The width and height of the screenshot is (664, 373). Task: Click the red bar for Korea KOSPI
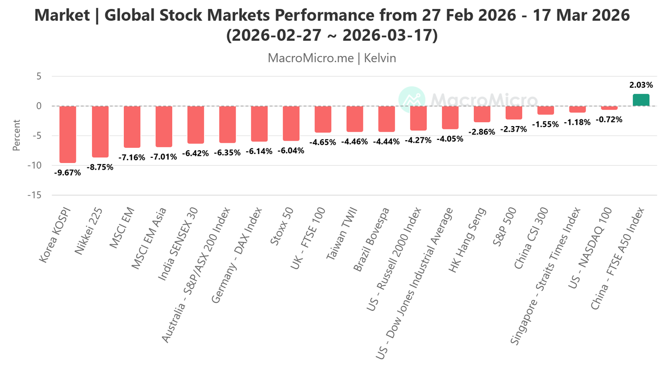[67, 134]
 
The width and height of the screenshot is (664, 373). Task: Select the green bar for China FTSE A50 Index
[641, 100]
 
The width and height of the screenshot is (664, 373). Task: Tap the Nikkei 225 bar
[100, 131]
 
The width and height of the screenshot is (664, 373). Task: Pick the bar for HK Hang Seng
[482, 114]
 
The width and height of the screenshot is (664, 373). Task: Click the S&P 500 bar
[514, 113]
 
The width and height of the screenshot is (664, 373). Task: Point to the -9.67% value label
[67, 173]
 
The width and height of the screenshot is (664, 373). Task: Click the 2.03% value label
[641, 85]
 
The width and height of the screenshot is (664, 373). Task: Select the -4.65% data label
[323, 142]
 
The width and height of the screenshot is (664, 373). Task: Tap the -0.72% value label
[609, 119]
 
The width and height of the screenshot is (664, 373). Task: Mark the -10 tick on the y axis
[36, 165]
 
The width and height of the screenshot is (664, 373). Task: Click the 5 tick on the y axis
[39, 76]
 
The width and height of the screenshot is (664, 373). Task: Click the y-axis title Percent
[17, 136]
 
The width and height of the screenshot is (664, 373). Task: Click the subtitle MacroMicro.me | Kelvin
[332, 58]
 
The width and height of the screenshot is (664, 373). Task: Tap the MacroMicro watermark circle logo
[411, 100]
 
